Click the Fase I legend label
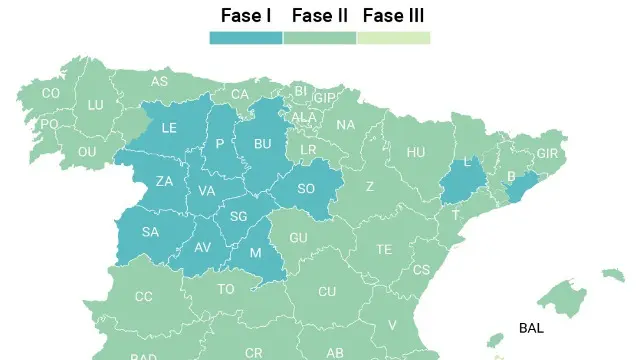pyautogui.click(x=246, y=15)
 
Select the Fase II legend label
pyautogui.click(x=320, y=15)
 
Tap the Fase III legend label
pyautogui.click(x=393, y=15)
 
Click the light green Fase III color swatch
pyautogui.click(x=393, y=38)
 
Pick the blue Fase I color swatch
pyautogui.click(x=246, y=38)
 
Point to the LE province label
pyautogui.click(x=169, y=128)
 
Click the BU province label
pyautogui.click(x=263, y=144)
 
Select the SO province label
pyautogui.click(x=306, y=189)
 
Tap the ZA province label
pyautogui.click(x=165, y=182)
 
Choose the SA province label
pyautogui.click(x=151, y=232)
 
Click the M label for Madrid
pyautogui.click(x=255, y=253)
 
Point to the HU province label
pyautogui.click(x=416, y=152)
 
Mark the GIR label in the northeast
pyautogui.click(x=547, y=154)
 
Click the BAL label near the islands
pyautogui.click(x=531, y=328)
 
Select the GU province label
pyautogui.click(x=298, y=238)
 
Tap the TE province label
pyautogui.click(x=384, y=249)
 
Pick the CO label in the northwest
pyautogui.click(x=51, y=93)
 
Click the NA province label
pyautogui.click(x=346, y=125)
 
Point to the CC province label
pyautogui.click(x=144, y=296)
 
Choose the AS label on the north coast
pyautogui.click(x=160, y=82)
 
